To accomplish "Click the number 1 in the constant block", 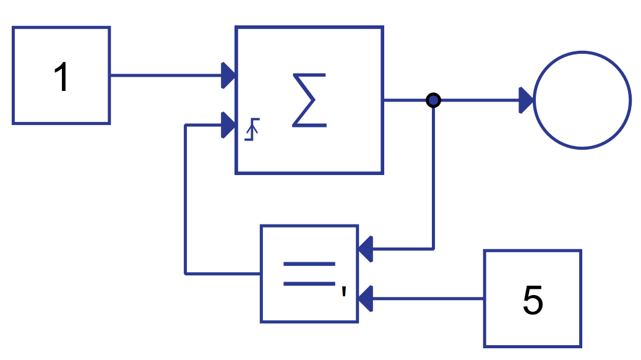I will (x=61, y=78).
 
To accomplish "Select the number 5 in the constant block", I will (x=533, y=301).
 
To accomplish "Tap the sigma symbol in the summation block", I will (x=309, y=100).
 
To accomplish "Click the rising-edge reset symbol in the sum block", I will (x=252, y=129).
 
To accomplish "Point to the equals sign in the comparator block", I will (x=309, y=273).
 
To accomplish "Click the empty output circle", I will (x=582, y=100).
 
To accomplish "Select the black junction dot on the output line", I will (x=434, y=100).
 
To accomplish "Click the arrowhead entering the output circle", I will (x=526, y=100).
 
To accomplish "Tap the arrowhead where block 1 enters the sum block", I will (x=228, y=75).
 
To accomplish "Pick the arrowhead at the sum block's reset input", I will (x=228, y=126).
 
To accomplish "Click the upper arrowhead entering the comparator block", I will (x=365, y=249).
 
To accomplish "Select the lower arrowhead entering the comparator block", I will (x=365, y=299).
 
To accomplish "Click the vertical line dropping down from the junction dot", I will (x=434, y=179).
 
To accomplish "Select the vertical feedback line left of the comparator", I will (x=186, y=198).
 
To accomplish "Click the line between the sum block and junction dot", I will (x=405, y=100).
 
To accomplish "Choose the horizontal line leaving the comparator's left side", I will (x=223, y=273).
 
